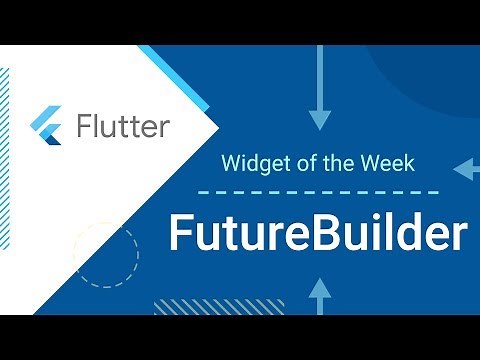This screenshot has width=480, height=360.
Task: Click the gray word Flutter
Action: [x=123, y=127]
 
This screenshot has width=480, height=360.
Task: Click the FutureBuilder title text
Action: [x=317, y=234]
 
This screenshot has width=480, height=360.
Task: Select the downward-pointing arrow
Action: [x=319, y=95]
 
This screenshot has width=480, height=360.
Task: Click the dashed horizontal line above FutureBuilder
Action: [x=317, y=191]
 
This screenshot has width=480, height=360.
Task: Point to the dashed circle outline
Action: [x=105, y=254]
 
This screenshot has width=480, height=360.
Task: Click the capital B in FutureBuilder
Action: [x=333, y=234]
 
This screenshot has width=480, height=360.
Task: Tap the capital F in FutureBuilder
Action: [x=180, y=234]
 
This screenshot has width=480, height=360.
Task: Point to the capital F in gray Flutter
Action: [x=84, y=127]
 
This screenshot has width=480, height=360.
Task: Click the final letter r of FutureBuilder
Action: [x=458, y=237]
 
